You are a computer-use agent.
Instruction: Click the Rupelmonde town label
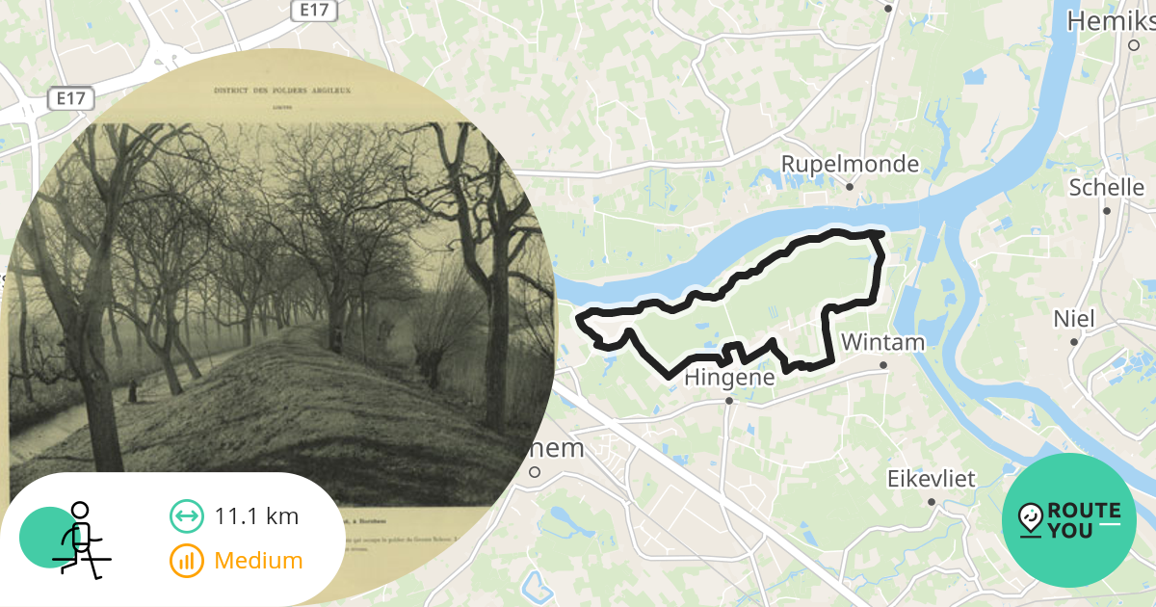pos(850,164)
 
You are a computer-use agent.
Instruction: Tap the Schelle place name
pos(1106,187)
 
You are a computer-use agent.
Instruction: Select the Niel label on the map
pos(1074,318)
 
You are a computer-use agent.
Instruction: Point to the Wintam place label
pos(882,342)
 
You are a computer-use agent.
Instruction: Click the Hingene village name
pos(729,379)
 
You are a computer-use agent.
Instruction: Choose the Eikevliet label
pos(931,479)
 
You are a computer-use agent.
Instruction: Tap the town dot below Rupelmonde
pos(850,187)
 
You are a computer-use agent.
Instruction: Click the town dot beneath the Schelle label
pos(1107,210)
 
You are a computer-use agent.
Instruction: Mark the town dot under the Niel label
pos(1074,341)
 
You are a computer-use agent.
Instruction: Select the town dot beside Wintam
pos(883,365)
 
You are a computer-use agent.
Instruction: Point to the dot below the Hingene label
pos(729,401)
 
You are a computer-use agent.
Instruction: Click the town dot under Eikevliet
pos(932,502)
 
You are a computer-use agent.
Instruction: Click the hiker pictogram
pos(79,539)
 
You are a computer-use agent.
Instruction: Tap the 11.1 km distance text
pos(256,516)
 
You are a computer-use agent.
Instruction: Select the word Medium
pos(258,560)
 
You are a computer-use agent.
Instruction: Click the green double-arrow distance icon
pos(186,516)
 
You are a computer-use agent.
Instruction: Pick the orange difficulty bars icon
pos(186,560)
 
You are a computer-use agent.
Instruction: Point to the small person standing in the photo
pos(132,390)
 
